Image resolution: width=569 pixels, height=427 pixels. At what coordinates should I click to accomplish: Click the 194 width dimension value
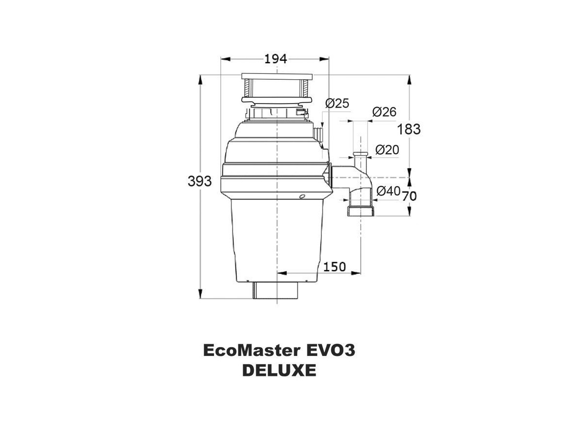[275, 59]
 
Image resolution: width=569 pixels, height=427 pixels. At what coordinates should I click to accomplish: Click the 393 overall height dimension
[199, 181]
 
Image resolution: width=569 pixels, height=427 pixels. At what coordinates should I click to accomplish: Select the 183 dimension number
[409, 129]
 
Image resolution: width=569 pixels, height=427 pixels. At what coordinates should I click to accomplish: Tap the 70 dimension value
[409, 196]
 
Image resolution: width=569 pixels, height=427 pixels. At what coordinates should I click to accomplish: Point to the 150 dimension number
[335, 267]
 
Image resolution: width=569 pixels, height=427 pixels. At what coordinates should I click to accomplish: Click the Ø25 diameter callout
[337, 103]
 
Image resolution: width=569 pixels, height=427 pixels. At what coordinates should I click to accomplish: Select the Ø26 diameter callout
[384, 112]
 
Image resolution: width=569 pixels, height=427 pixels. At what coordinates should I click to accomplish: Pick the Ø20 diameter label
[387, 150]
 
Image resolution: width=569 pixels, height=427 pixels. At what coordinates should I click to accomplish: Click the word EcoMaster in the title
[251, 351]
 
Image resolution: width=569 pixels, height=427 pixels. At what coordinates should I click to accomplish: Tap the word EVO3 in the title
[330, 351]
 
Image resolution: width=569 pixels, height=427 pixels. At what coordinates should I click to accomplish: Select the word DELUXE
[279, 371]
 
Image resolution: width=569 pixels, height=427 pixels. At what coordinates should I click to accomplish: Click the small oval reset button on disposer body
[302, 196]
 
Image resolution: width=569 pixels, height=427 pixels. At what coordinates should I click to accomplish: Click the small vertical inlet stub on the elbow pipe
[360, 160]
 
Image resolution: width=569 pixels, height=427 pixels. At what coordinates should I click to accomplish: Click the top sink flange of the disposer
[276, 77]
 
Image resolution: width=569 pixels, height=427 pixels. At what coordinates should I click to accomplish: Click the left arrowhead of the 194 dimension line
[224, 59]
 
